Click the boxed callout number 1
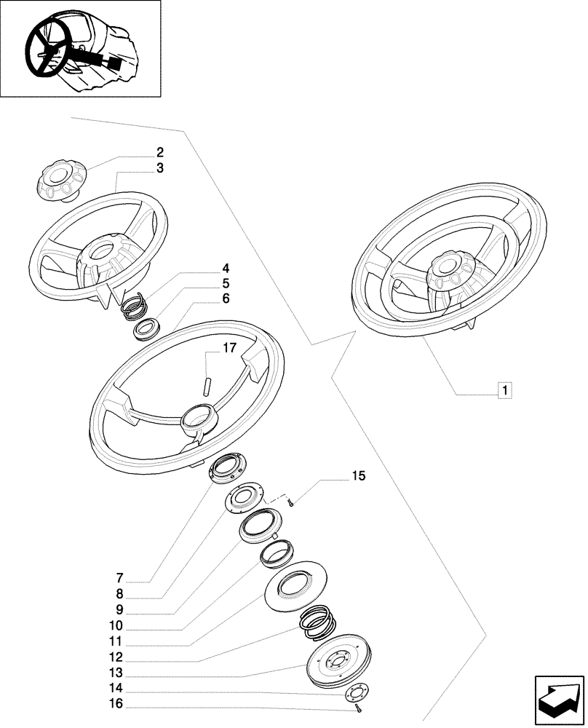pyautogui.click(x=504, y=389)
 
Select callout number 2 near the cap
pyautogui.click(x=159, y=153)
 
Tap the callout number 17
pyautogui.click(x=229, y=348)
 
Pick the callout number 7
pyautogui.click(x=119, y=579)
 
